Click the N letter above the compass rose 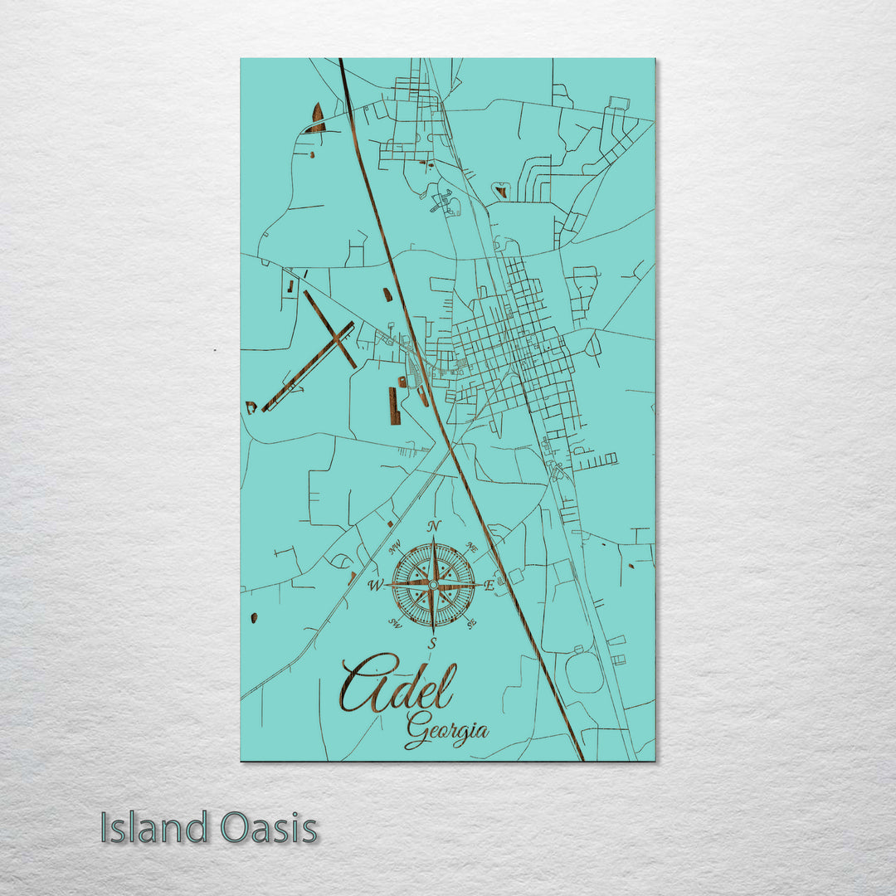433,526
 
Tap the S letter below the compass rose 431,644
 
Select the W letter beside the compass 375,586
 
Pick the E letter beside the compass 489,585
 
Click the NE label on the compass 472,548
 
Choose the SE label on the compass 470,624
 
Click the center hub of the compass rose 433,585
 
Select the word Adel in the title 397,685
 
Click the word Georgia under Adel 446,730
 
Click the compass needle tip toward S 433,633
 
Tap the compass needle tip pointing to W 386,586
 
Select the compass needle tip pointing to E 480,585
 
